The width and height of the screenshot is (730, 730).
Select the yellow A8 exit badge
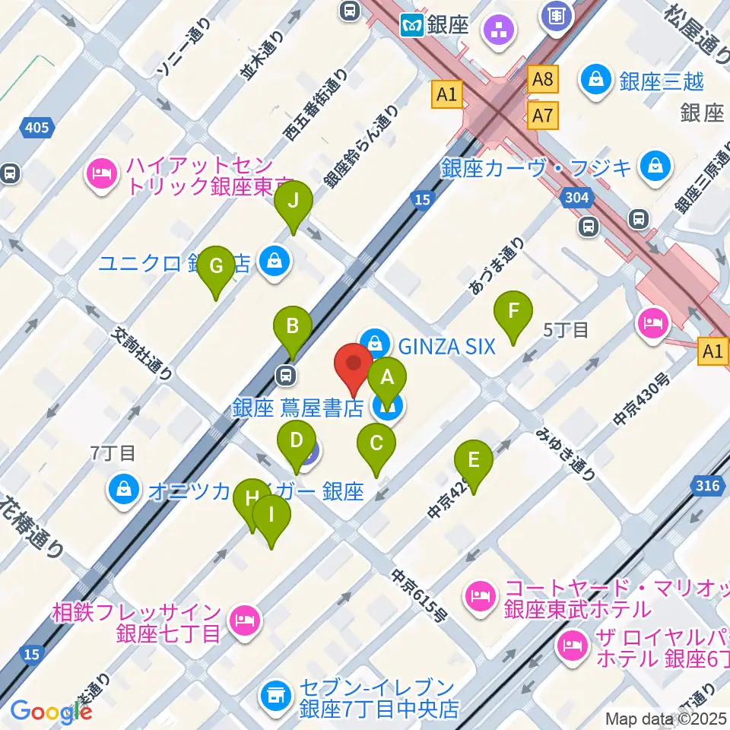point(543,78)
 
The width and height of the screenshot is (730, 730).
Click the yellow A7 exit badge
point(543,116)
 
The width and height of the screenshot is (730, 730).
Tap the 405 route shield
point(37,128)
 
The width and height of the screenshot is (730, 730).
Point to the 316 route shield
point(709,485)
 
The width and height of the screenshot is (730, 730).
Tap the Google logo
point(51,711)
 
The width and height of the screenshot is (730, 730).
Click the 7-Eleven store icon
point(275,693)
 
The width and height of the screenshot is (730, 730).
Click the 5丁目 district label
point(566,329)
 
